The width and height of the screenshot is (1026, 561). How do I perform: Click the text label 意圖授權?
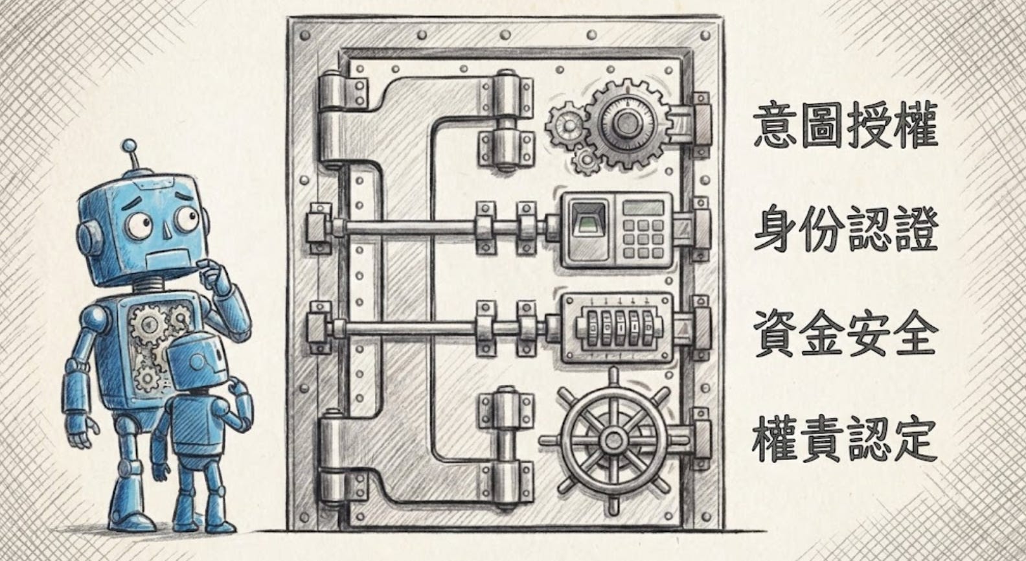coord(845,126)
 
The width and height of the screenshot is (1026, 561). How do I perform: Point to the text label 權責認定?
coord(845,437)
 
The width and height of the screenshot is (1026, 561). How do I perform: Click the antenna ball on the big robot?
coord(130,146)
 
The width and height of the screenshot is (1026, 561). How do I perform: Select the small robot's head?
coord(199,363)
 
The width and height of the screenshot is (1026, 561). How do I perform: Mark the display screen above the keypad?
coord(643,208)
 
